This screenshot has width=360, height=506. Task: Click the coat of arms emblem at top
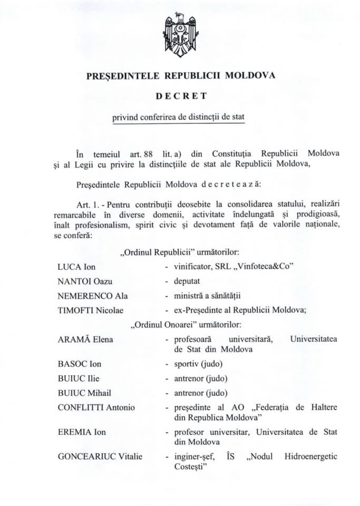180,36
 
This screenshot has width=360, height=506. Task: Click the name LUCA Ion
76,266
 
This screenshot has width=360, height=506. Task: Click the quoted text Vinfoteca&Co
263,266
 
